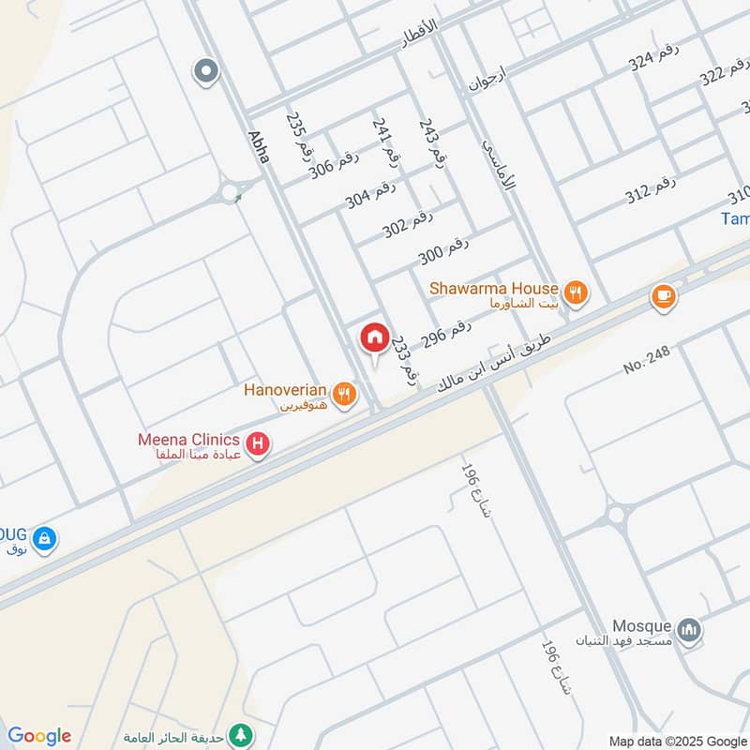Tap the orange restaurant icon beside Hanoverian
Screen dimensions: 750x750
click(x=346, y=395)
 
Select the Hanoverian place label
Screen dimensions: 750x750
click(x=285, y=389)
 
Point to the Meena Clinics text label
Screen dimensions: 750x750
click(x=189, y=439)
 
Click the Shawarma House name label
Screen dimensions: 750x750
click(x=493, y=289)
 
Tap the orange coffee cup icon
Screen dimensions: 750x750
click(x=664, y=296)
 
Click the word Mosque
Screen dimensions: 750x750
click(x=641, y=626)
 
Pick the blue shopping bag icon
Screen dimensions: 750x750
click(x=44, y=539)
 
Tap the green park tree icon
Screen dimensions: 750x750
click(x=242, y=734)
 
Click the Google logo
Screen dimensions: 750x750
click(x=39, y=736)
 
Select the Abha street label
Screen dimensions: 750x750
click(x=259, y=146)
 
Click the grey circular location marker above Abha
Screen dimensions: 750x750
click(x=205, y=70)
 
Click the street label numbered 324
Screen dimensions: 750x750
click(x=653, y=61)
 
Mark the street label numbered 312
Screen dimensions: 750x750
click(x=651, y=193)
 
